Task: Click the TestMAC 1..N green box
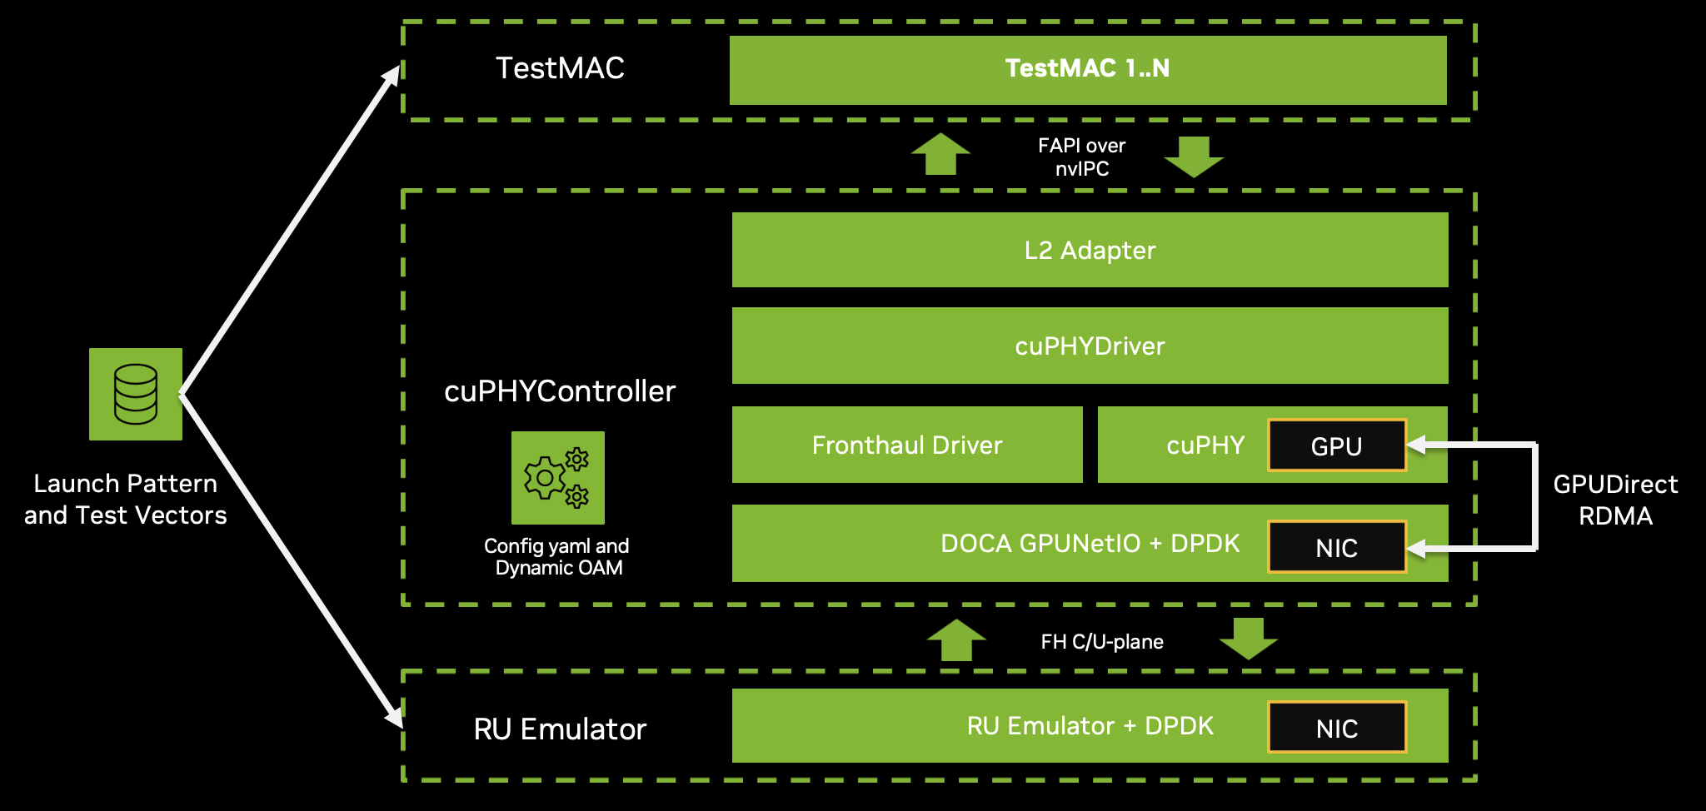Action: click(x=1087, y=69)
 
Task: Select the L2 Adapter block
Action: click(x=1090, y=250)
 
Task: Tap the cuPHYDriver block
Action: click(x=1090, y=346)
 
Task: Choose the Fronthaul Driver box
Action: click(x=906, y=445)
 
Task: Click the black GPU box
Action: click(x=1336, y=446)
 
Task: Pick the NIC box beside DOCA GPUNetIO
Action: click(x=1336, y=547)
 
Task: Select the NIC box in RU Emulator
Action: click(x=1336, y=728)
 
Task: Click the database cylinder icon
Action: click(x=136, y=394)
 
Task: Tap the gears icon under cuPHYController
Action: click(x=557, y=478)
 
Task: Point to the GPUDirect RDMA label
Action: click(x=1615, y=500)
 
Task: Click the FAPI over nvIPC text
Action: click(x=1081, y=157)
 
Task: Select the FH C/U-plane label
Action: click(x=1101, y=641)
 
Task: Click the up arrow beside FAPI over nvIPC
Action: click(x=940, y=154)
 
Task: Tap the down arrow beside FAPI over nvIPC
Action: click(x=1194, y=157)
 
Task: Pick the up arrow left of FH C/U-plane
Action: click(x=956, y=639)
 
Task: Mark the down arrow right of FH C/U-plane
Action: click(x=1248, y=639)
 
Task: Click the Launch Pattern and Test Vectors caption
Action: click(x=126, y=499)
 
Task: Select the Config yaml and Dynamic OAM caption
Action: click(x=557, y=556)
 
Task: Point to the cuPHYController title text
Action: click(x=560, y=391)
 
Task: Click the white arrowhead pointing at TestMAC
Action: click(x=392, y=77)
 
